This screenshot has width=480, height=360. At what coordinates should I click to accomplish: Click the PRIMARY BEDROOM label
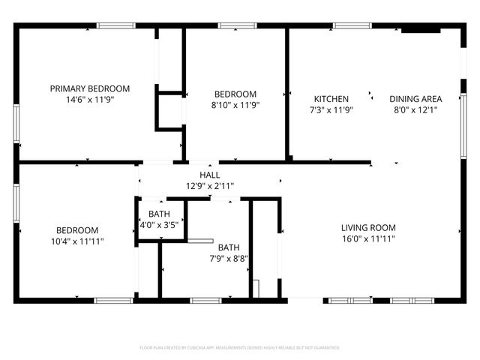(90, 88)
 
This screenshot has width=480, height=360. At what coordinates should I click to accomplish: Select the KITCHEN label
(331, 99)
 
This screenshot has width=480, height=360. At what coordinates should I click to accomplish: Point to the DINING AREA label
(415, 99)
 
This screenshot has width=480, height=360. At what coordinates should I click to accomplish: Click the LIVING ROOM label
(368, 228)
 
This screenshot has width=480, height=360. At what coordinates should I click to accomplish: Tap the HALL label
(199, 175)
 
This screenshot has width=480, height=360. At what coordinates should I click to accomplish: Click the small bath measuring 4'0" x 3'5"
(159, 219)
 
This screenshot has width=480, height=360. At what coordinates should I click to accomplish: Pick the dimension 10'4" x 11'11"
(78, 241)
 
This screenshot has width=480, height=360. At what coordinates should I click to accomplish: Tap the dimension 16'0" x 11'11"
(368, 238)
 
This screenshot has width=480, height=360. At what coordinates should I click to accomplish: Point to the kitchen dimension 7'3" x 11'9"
(331, 109)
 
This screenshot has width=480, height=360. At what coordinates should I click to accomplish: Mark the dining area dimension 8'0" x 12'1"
(415, 109)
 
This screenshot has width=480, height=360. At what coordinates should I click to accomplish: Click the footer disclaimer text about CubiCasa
(240, 348)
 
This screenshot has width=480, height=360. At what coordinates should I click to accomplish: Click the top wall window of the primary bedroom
(116, 26)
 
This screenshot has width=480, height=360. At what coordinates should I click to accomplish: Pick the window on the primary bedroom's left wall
(16, 124)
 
